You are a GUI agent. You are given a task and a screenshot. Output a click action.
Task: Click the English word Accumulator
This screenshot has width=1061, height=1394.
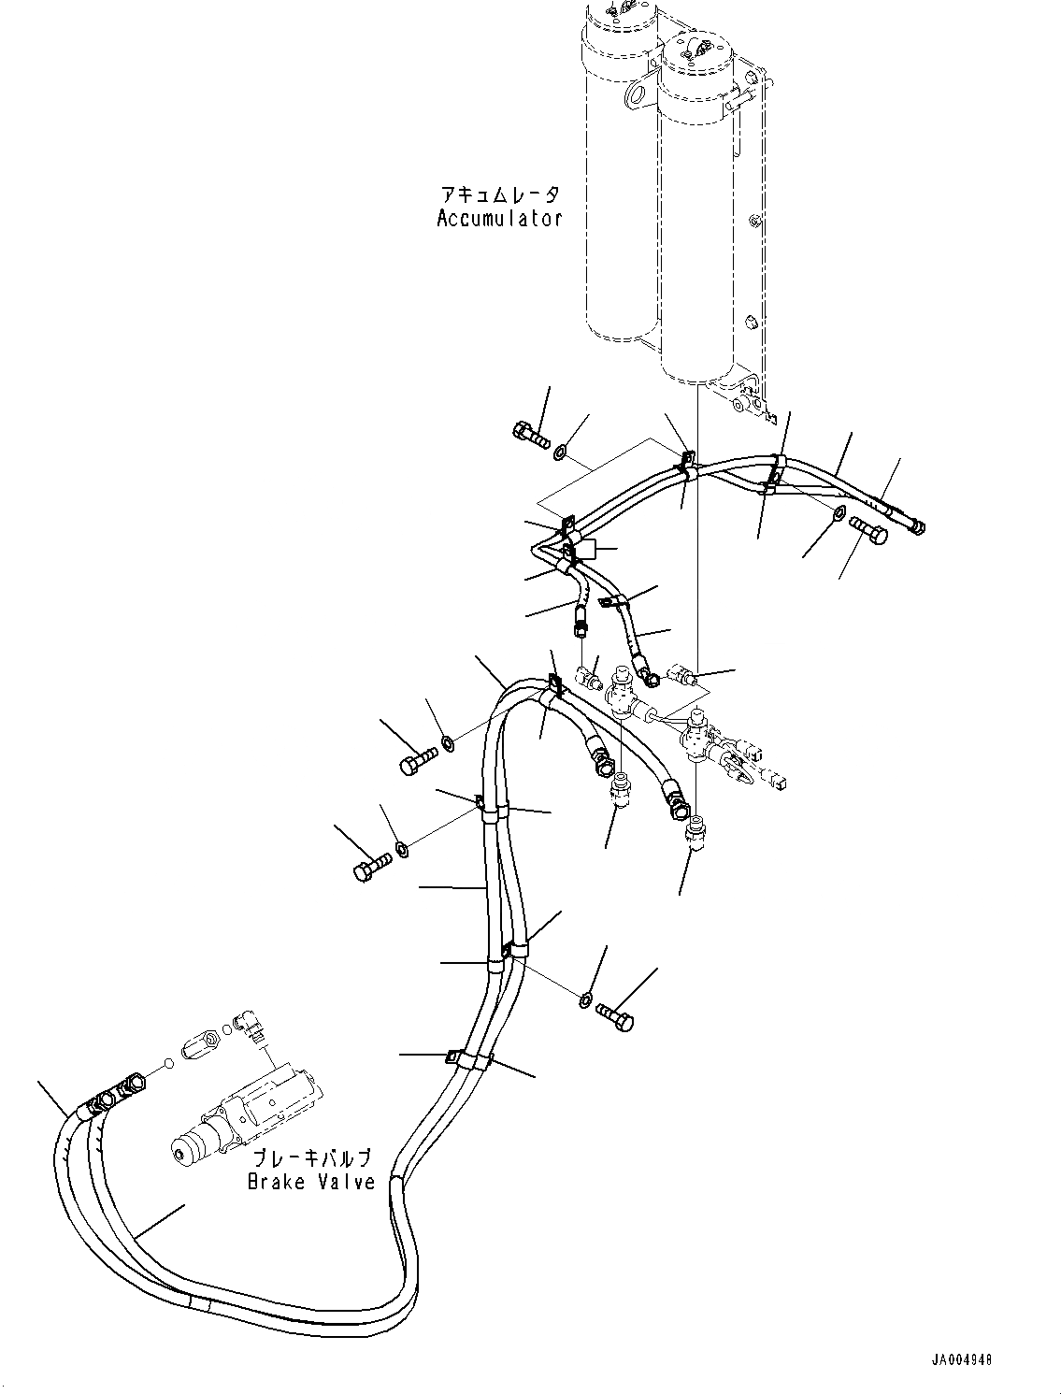tap(499, 219)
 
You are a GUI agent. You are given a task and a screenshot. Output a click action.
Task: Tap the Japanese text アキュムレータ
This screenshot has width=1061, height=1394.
tap(501, 195)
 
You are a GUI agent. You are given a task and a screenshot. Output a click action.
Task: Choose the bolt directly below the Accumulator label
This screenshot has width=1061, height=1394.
tap(530, 433)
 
